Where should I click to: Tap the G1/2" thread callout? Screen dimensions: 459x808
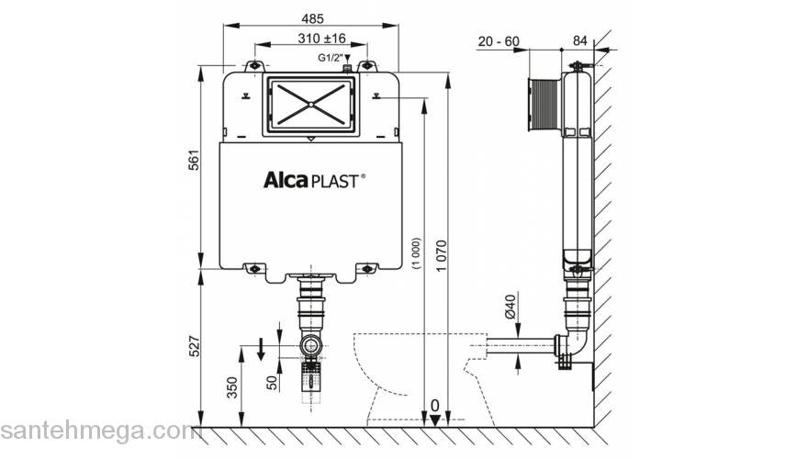[331, 57]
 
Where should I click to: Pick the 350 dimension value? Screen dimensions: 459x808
[232, 386]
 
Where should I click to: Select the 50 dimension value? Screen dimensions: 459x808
[272, 381]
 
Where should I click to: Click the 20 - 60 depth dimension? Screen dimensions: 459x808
[499, 41]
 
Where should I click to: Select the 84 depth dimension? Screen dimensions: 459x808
[579, 41]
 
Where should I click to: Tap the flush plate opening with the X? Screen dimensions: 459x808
[309, 106]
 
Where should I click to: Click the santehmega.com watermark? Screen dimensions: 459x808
[96, 431]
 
